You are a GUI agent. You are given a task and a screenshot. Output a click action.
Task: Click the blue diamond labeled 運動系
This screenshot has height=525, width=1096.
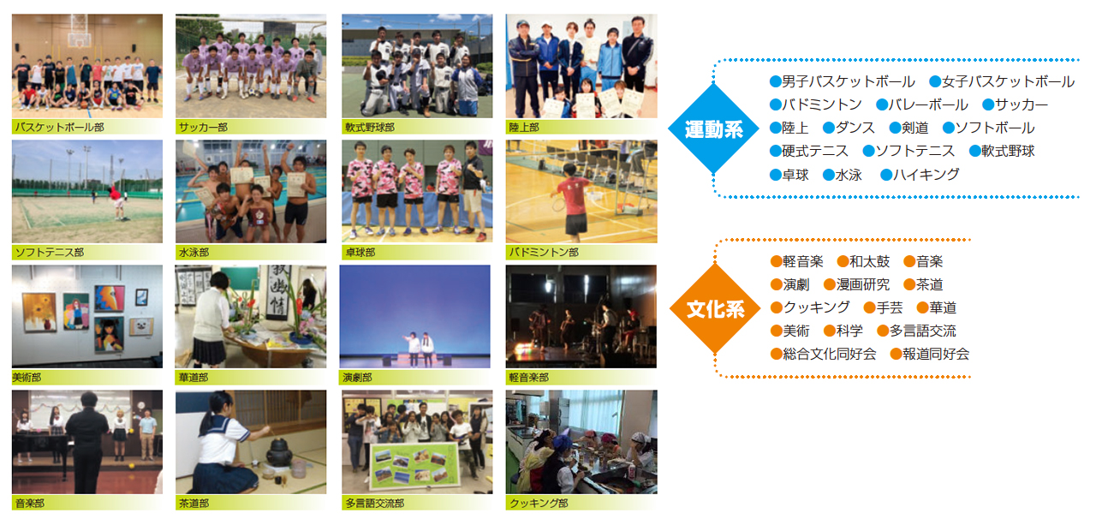(x=713, y=128)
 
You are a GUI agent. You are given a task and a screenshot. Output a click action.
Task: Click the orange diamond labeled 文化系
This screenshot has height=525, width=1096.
(x=715, y=308)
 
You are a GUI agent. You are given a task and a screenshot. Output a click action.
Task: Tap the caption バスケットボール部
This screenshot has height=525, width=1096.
(x=59, y=128)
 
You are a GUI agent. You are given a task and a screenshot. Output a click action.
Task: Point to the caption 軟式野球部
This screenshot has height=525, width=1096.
(x=370, y=128)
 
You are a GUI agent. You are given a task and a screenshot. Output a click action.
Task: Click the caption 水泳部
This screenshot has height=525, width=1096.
(x=194, y=253)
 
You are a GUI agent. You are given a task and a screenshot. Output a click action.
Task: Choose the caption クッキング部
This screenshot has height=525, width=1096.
(x=539, y=503)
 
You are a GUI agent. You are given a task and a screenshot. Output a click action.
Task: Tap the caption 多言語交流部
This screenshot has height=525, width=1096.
(x=375, y=503)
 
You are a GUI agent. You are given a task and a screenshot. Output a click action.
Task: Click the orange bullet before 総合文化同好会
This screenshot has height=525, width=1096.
(x=776, y=355)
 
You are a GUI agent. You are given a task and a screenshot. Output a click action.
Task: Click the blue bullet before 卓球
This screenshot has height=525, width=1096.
(x=775, y=176)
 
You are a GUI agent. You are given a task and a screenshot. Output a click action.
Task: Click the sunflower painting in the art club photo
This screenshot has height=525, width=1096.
(x=39, y=312)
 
